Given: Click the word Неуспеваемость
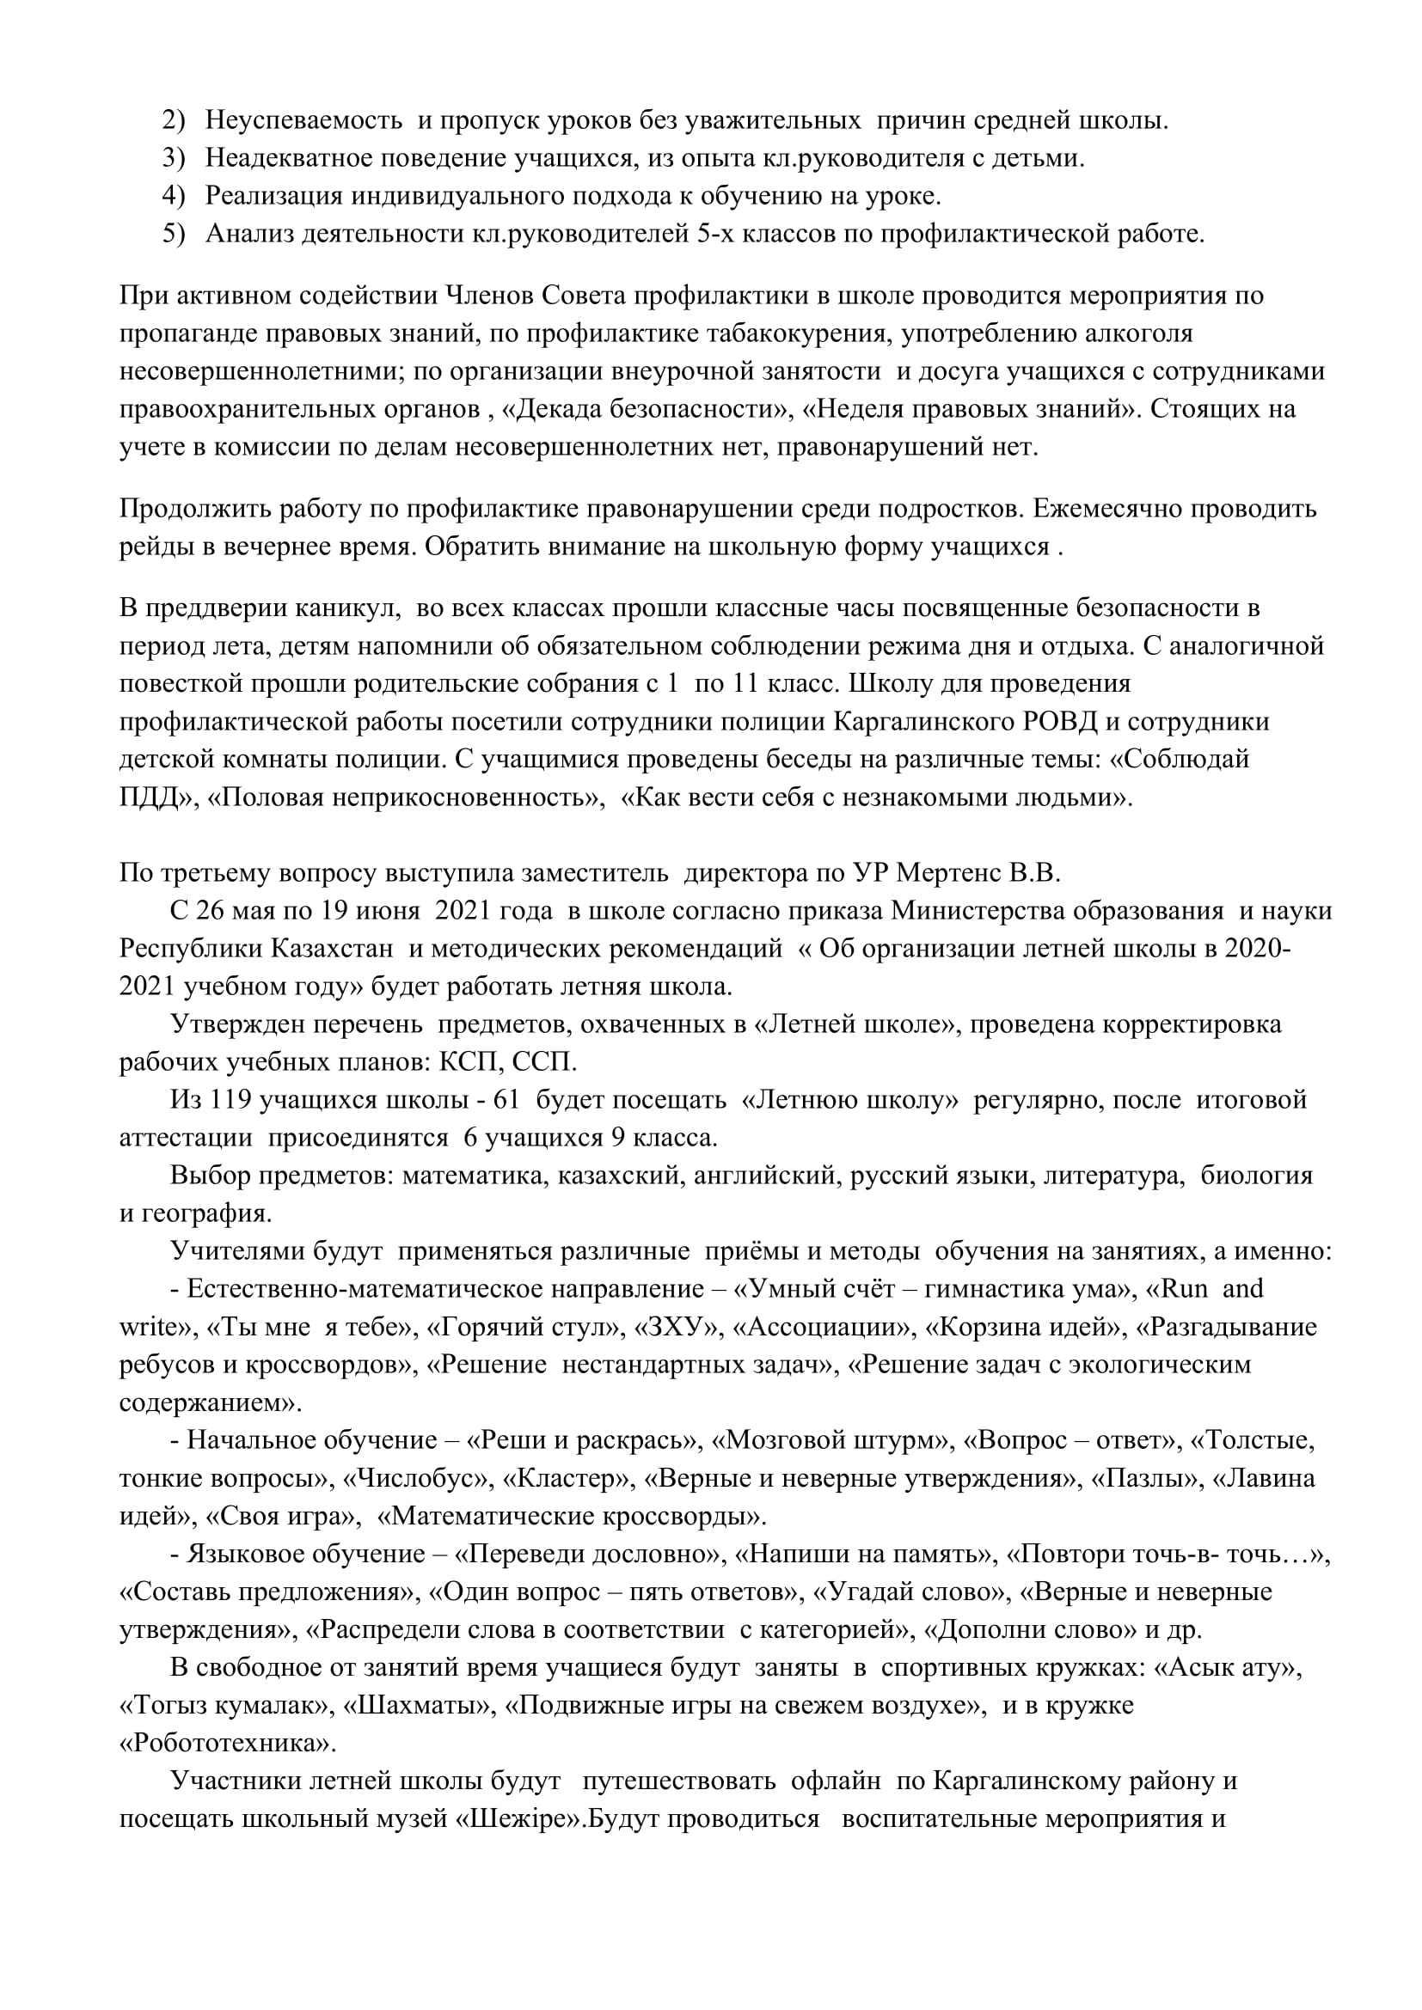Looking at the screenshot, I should pyautogui.click(x=303, y=120).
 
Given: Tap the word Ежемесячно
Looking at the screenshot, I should pyautogui.click(x=1118, y=509).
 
